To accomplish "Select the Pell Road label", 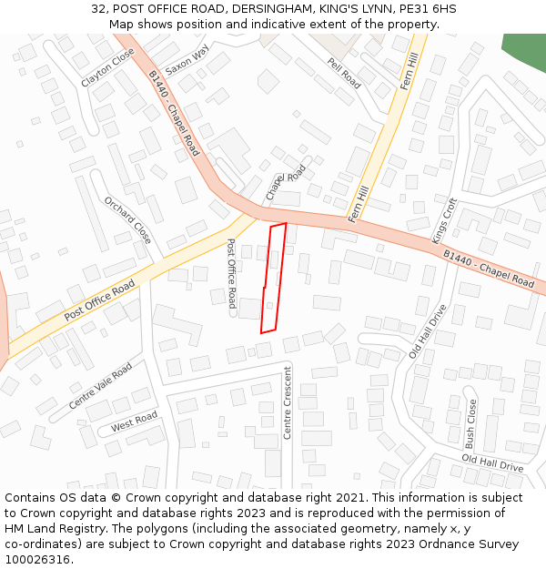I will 344,73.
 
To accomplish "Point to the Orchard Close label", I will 127,220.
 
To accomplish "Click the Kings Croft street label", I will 445,221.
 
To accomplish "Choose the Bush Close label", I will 470,423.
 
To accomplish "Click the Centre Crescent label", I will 288,402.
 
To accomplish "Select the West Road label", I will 134,422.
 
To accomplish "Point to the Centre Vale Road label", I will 100,386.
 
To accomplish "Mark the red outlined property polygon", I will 274,278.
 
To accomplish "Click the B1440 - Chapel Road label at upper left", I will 174,114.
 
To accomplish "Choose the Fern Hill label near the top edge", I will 409,70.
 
